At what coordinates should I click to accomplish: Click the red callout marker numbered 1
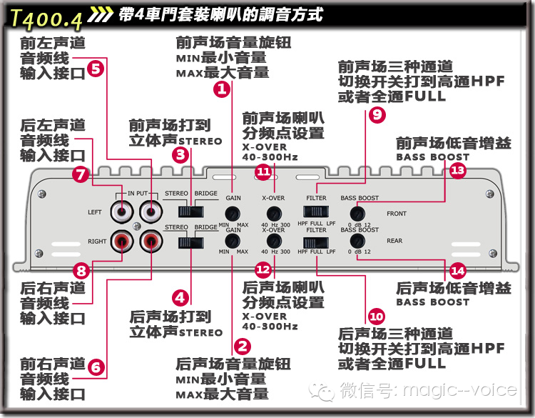[221, 89]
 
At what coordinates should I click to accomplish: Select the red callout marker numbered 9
[377, 113]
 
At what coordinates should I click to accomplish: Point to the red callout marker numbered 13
[457, 170]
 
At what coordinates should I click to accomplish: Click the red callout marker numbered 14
[457, 271]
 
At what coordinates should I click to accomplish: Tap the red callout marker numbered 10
[377, 315]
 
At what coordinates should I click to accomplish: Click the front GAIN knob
[233, 213]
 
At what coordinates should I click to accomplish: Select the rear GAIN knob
[233, 243]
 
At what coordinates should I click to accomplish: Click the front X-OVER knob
[274, 213]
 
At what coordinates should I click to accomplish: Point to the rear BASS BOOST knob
[357, 243]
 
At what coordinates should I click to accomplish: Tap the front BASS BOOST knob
[357, 212]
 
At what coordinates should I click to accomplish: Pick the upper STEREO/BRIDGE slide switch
[190, 212]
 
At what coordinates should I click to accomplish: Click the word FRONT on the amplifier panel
[397, 213]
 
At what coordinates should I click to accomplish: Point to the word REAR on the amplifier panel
[394, 241]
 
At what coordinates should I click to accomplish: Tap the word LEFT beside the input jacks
[95, 212]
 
